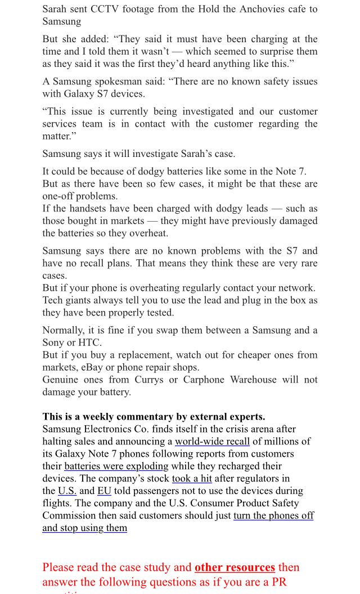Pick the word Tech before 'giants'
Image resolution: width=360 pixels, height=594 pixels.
(x=53, y=300)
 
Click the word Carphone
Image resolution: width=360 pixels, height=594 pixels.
(x=204, y=380)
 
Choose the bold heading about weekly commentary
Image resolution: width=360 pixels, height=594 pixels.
(x=154, y=417)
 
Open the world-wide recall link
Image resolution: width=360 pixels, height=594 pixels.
(x=212, y=442)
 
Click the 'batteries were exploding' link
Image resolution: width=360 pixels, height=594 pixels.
(x=116, y=466)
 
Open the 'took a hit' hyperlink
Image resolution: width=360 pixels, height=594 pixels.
(x=192, y=479)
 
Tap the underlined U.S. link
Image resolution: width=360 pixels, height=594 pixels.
(x=67, y=491)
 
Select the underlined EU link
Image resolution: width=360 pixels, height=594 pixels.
(x=104, y=491)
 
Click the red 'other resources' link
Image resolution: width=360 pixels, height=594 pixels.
(x=235, y=567)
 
